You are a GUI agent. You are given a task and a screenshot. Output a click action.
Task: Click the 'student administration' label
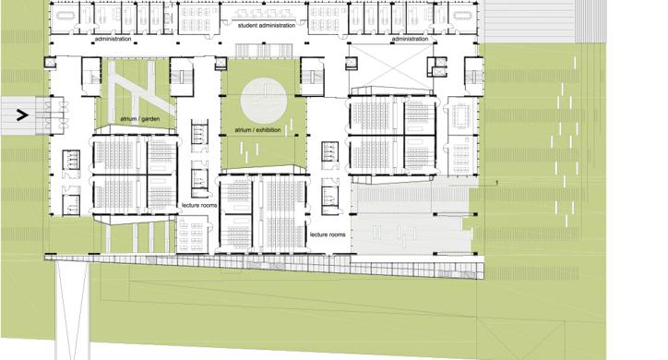pyautogui.click(x=267, y=26)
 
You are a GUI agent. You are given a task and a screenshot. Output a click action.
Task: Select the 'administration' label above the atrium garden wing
pyautogui.click(x=113, y=39)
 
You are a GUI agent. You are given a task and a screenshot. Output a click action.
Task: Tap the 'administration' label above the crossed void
pyautogui.click(x=410, y=39)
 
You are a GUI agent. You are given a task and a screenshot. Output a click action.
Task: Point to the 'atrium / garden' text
pyautogui.click(x=139, y=119)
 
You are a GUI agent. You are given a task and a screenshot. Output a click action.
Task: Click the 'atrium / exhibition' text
pyautogui.click(x=257, y=130)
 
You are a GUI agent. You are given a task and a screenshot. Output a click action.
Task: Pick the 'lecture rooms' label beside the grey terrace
pyautogui.click(x=328, y=234)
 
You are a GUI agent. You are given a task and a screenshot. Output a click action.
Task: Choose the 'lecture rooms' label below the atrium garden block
pyautogui.click(x=199, y=205)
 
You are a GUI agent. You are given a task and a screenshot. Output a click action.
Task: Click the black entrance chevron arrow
pyautogui.click(x=22, y=114)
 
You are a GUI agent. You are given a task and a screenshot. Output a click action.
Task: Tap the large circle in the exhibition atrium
pyautogui.click(x=263, y=101)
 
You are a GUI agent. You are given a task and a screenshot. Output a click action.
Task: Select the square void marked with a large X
pyautogui.click(x=390, y=66)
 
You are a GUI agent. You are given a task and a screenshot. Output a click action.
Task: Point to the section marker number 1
pyautogui.click(x=496, y=183)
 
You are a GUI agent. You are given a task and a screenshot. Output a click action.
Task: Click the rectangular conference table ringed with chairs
pyautogui.click(x=461, y=114)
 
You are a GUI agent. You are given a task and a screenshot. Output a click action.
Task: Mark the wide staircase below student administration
pyautogui.click(x=264, y=50)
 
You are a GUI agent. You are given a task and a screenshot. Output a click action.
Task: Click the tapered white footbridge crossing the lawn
pyautogui.click(x=72, y=310)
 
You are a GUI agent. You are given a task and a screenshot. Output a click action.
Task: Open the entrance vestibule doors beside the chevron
pyautogui.click(x=51, y=115)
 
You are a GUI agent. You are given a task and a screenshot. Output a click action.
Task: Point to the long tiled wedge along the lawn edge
pyautogui.click(x=264, y=265)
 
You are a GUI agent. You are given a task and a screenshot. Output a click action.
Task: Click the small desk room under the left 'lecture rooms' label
pyautogui.click(x=192, y=234)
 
